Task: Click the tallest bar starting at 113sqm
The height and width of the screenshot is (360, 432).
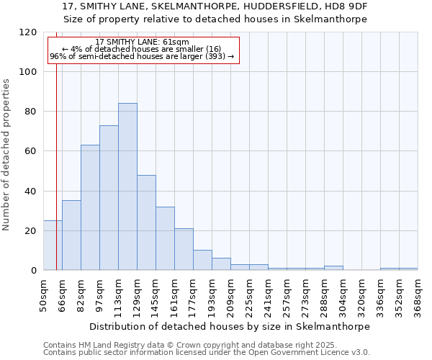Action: tap(127, 187)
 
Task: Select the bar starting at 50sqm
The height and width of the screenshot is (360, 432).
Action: tap(53, 246)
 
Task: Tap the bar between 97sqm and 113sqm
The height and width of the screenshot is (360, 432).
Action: tap(109, 198)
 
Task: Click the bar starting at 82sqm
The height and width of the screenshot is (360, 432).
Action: tap(90, 207)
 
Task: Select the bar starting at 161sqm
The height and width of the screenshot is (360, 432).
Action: tap(184, 249)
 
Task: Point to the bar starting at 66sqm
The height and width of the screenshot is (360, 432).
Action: tap(71, 235)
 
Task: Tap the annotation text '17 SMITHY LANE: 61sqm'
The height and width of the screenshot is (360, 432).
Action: tap(142, 42)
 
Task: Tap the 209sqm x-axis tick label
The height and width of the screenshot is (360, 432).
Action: tap(230, 295)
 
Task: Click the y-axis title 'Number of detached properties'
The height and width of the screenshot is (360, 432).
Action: tap(7, 155)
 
